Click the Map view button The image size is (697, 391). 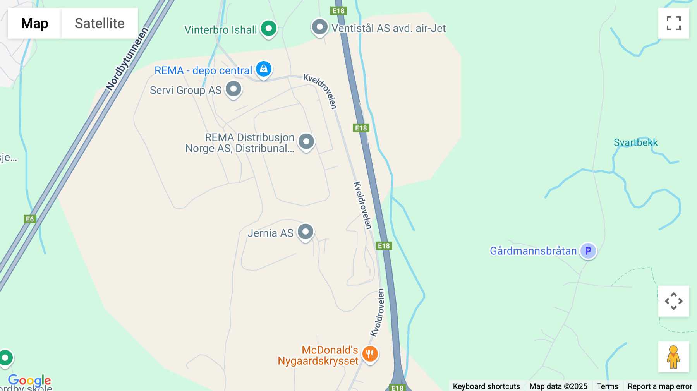[34, 23]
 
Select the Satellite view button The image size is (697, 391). [100, 23]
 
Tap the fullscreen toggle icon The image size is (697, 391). [673, 23]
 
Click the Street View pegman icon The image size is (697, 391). [673, 357]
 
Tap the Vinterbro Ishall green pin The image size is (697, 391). [269, 28]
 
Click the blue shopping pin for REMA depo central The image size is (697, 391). [264, 69]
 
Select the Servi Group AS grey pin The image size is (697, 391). [233, 89]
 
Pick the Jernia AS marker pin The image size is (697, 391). [306, 232]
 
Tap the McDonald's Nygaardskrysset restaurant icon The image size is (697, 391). [370, 354]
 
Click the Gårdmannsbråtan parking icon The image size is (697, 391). [588, 251]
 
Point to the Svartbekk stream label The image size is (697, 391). [635, 142]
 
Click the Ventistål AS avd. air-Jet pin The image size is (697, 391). [320, 27]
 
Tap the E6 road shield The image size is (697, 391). [30, 219]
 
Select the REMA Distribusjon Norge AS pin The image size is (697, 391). [306, 142]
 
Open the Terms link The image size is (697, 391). [607, 386]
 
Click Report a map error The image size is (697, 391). [660, 386]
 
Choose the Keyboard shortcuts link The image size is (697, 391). [486, 386]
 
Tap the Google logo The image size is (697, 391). [29, 381]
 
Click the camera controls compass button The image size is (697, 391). [673, 301]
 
